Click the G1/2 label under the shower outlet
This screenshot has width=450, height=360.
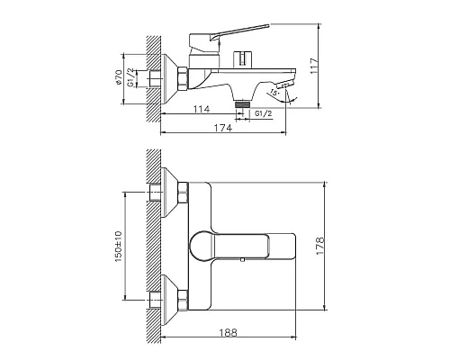[x=264, y=114]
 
